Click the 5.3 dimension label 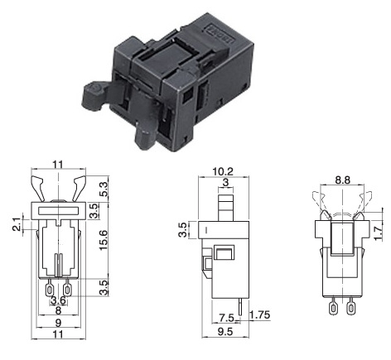click(103, 189)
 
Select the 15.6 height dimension click(103, 240)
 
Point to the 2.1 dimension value click(17, 224)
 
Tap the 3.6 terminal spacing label click(59, 300)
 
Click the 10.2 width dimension click(223, 172)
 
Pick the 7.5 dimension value click(226, 318)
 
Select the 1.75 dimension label click(260, 315)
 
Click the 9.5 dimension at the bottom click(225, 332)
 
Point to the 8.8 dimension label click(342, 180)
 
